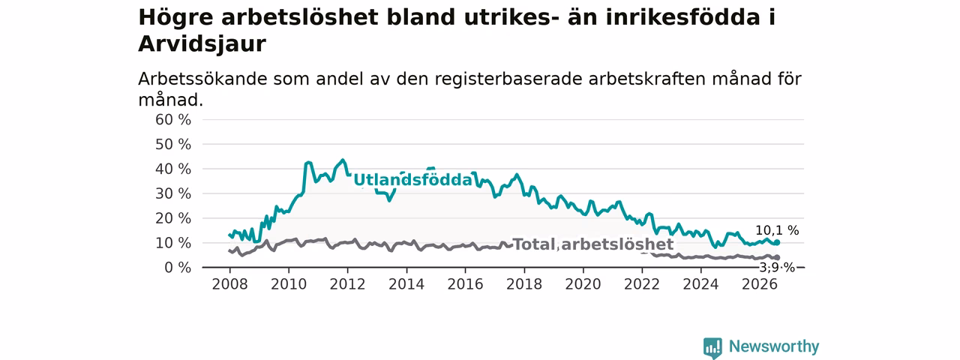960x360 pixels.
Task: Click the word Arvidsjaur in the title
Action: tap(202, 43)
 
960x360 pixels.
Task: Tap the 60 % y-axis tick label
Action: tap(173, 119)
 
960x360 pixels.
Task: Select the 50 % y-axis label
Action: tap(173, 145)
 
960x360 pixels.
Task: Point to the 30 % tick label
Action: tap(173, 193)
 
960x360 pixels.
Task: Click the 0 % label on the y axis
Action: tap(178, 268)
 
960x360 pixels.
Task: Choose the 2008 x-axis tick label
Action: tap(229, 284)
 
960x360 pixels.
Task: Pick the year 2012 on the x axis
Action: tap(347, 284)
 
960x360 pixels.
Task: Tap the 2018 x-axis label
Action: tap(524, 284)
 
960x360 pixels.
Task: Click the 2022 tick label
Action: tap(642, 284)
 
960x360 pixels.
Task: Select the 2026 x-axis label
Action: tap(760, 284)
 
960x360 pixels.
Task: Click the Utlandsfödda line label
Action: tap(412, 180)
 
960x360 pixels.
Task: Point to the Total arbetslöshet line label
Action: tap(593, 244)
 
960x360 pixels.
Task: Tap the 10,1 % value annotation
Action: tap(777, 230)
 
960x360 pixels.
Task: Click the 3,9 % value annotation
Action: tap(777, 268)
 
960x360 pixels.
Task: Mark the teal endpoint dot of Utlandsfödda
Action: tap(776, 242)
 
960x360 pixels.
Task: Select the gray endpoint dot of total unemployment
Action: tap(776, 257)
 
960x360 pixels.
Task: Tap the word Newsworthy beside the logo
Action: tap(774, 346)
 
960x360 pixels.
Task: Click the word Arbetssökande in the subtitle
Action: tap(202, 79)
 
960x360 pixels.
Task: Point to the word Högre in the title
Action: tap(175, 18)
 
